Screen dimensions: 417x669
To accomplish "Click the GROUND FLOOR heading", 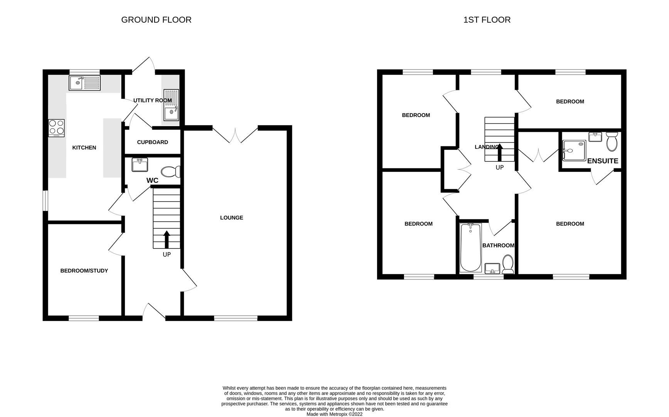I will [x=156, y=20].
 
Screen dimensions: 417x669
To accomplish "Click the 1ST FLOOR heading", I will [x=487, y=20].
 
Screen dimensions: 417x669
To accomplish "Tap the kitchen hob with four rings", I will [x=56, y=128].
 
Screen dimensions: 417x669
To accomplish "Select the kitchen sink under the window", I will [x=84, y=83].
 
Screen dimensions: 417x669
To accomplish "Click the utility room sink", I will [x=171, y=105].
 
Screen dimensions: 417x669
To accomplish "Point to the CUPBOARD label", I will [x=152, y=142].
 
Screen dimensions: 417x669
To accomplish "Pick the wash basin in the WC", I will [x=140, y=164].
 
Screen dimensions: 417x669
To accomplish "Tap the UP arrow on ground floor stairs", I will [x=167, y=239].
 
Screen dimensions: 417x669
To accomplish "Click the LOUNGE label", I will [x=231, y=218].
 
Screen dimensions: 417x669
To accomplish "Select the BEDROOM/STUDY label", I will [x=84, y=271].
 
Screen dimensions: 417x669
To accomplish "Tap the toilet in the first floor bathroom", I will [x=508, y=264].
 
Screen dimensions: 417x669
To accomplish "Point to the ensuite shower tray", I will [x=574, y=150].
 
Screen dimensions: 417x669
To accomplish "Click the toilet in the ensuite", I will [x=612, y=142].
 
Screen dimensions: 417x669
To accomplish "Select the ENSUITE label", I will [x=602, y=161].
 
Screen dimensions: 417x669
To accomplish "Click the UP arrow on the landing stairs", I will [x=500, y=152].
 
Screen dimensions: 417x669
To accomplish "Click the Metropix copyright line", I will [x=334, y=414].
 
